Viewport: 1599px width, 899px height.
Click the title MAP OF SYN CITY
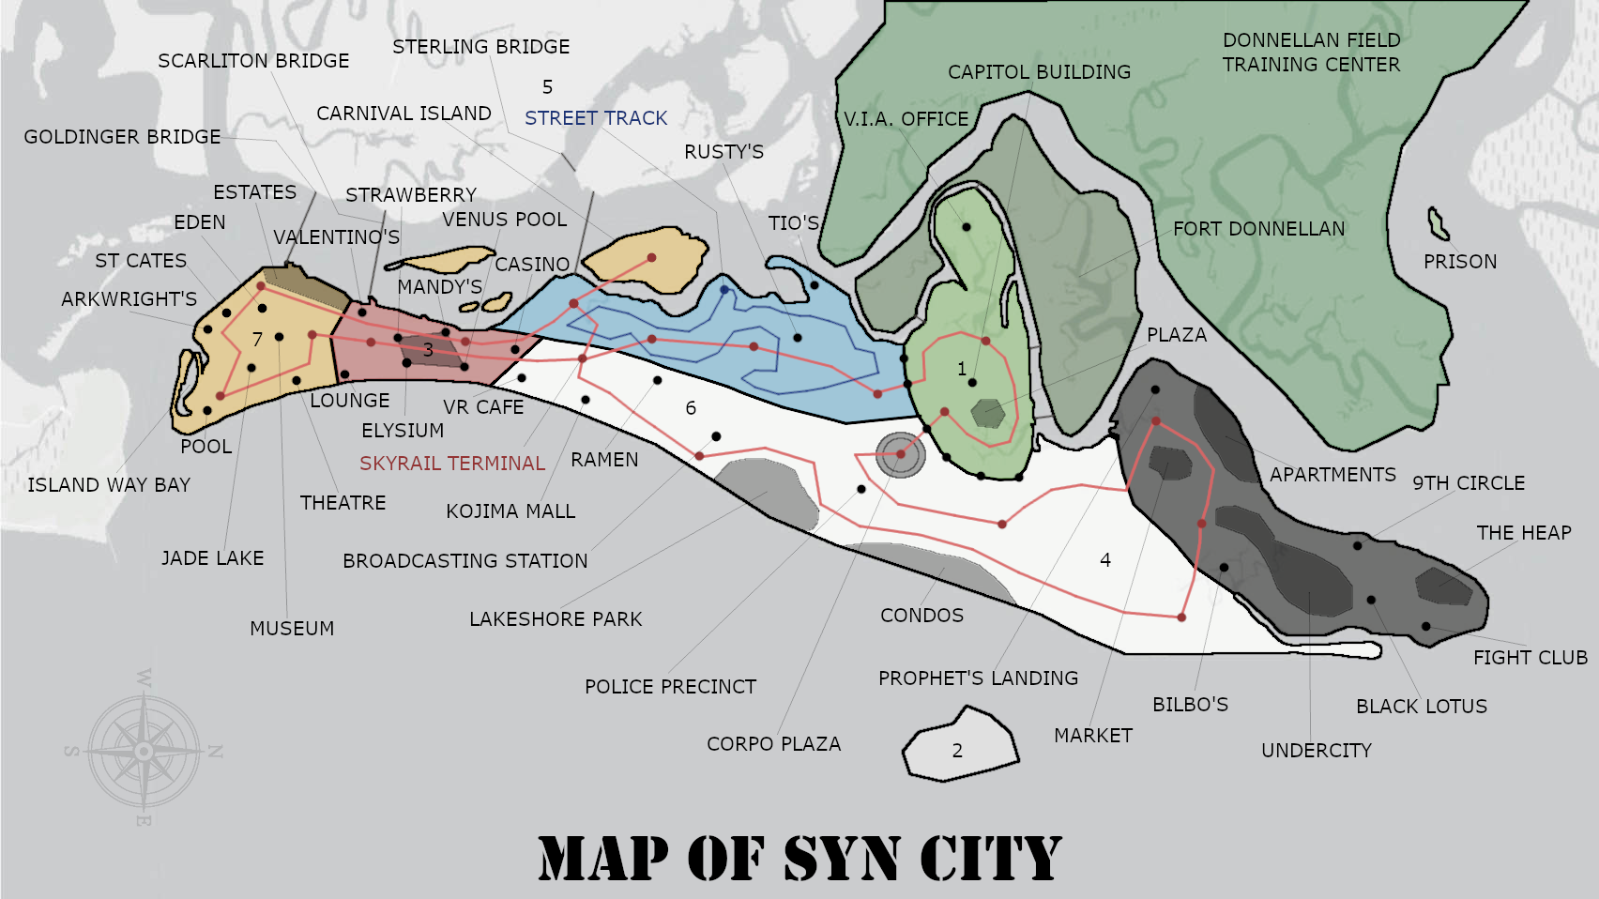click(x=799, y=858)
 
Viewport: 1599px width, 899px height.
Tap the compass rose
click(x=144, y=751)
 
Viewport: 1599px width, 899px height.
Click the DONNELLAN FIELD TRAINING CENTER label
click(x=1311, y=53)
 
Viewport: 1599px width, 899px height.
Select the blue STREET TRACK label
click(x=596, y=118)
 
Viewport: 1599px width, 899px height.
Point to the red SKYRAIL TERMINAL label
click(x=451, y=464)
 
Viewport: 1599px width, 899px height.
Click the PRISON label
click(x=1459, y=262)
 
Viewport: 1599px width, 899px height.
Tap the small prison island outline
click(x=1437, y=223)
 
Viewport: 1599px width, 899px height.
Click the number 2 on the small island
click(x=957, y=751)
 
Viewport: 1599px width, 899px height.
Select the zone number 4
click(x=1105, y=560)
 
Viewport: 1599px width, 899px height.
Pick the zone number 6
click(x=691, y=408)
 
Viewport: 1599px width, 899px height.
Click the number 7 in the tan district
click(x=257, y=340)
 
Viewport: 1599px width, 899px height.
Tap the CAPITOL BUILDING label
click(x=1039, y=72)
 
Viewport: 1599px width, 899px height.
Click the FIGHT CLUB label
click(x=1530, y=658)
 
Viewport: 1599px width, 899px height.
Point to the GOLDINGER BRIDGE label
click(x=122, y=137)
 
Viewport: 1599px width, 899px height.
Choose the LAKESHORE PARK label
click(x=556, y=619)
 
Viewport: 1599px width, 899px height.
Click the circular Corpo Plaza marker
click(x=900, y=454)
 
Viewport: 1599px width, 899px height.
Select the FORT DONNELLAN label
click(x=1258, y=229)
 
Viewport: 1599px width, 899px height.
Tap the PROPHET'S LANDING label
click(x=978, y=678)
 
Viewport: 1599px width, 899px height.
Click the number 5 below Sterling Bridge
click(x=547, y=87)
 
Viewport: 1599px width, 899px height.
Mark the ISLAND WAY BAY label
click(x=109, y=485)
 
